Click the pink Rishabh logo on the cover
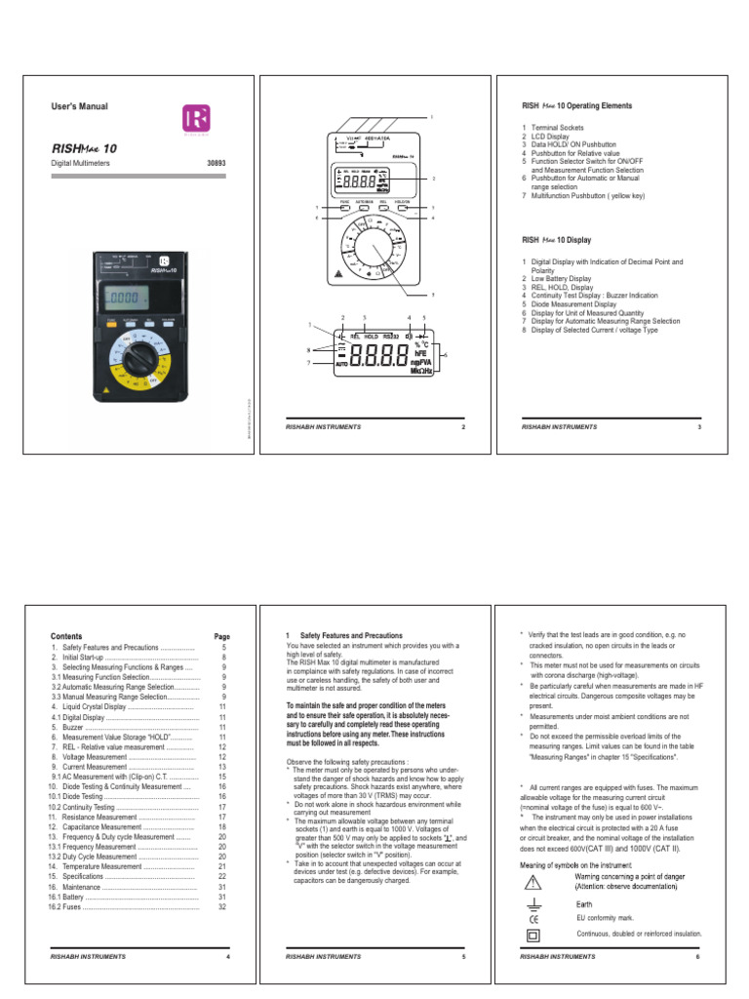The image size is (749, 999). [196, 120]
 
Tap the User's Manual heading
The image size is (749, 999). [79, 106]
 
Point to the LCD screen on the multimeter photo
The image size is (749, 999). [127, 297]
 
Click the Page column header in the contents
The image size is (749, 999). [221, 635]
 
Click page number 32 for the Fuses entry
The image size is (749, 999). [222, 906]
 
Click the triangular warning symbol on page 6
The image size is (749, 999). [532, 882]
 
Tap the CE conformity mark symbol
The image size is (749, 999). [532, 919]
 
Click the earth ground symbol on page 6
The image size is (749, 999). [532, 902]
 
